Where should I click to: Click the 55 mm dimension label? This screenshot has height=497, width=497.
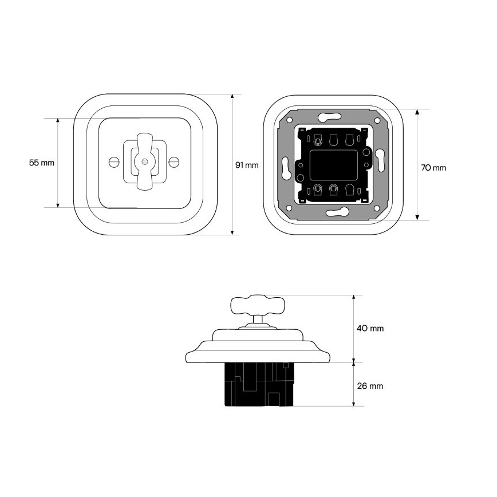click(42, 163)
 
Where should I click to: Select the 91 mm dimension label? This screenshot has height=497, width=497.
click(247, 165)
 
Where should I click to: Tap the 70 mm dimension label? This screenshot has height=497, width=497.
click(433, 168)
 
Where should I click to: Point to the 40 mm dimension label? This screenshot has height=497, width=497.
click(370, 328)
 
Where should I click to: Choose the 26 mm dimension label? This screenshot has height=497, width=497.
click(370, 386)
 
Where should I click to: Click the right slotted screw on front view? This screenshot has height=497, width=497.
click(173, 162)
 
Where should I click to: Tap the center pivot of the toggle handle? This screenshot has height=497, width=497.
click(144, 161)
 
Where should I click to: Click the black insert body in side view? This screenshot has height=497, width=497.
click(259, 384)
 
